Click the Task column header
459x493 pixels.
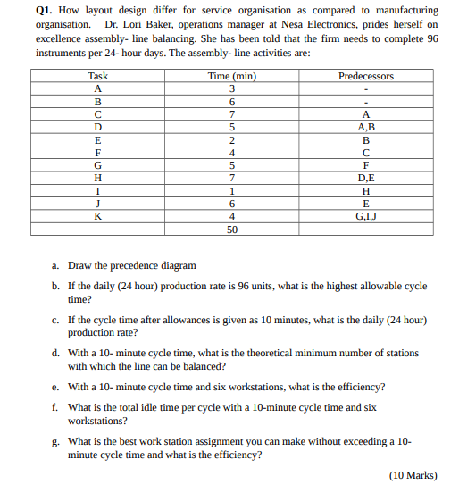(x=98, y=76)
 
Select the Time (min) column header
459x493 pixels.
(x=232, y=76)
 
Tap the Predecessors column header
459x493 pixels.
(x=366, y=76)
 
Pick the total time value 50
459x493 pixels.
(x=232, y=229)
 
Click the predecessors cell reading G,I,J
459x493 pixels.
(x=366, y=215)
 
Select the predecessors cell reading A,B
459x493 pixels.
(x=366, y=128)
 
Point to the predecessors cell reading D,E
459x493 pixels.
(x=366, y=178)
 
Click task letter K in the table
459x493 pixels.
(x=98, y=215)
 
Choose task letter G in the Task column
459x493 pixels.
(x=98, y=165)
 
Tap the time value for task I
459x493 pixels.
(x=232, y=190)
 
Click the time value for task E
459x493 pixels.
(x=232, y=140)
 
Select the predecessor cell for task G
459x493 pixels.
(x=366, y=165)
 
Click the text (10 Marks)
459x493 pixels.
(x=413, y=475)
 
